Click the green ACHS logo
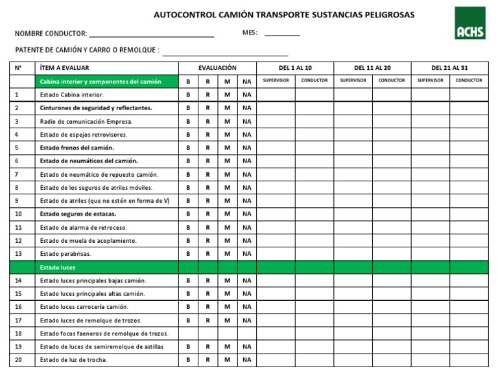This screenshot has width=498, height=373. (469, 23)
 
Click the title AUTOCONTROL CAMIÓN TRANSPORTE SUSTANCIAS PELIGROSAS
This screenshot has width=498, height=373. (284, 14)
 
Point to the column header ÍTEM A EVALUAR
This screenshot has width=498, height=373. (65, 68)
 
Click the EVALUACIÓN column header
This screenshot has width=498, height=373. (217, 68)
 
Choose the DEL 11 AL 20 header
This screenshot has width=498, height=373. (372, 68)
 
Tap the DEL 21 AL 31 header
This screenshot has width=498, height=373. (449, 68)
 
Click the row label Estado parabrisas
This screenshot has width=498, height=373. (65, 254)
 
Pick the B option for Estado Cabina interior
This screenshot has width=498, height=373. (188, 95)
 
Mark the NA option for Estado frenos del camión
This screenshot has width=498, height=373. (246, 148)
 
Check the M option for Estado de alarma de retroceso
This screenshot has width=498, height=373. (227, 227)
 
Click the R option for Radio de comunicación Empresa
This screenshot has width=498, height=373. (207, 121)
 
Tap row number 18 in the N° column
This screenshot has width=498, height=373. (18, 333)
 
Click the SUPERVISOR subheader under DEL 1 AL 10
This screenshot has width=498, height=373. (276, 81)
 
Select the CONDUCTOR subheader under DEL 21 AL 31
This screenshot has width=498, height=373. (469, 81)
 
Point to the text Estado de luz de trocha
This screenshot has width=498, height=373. (73, 360)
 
